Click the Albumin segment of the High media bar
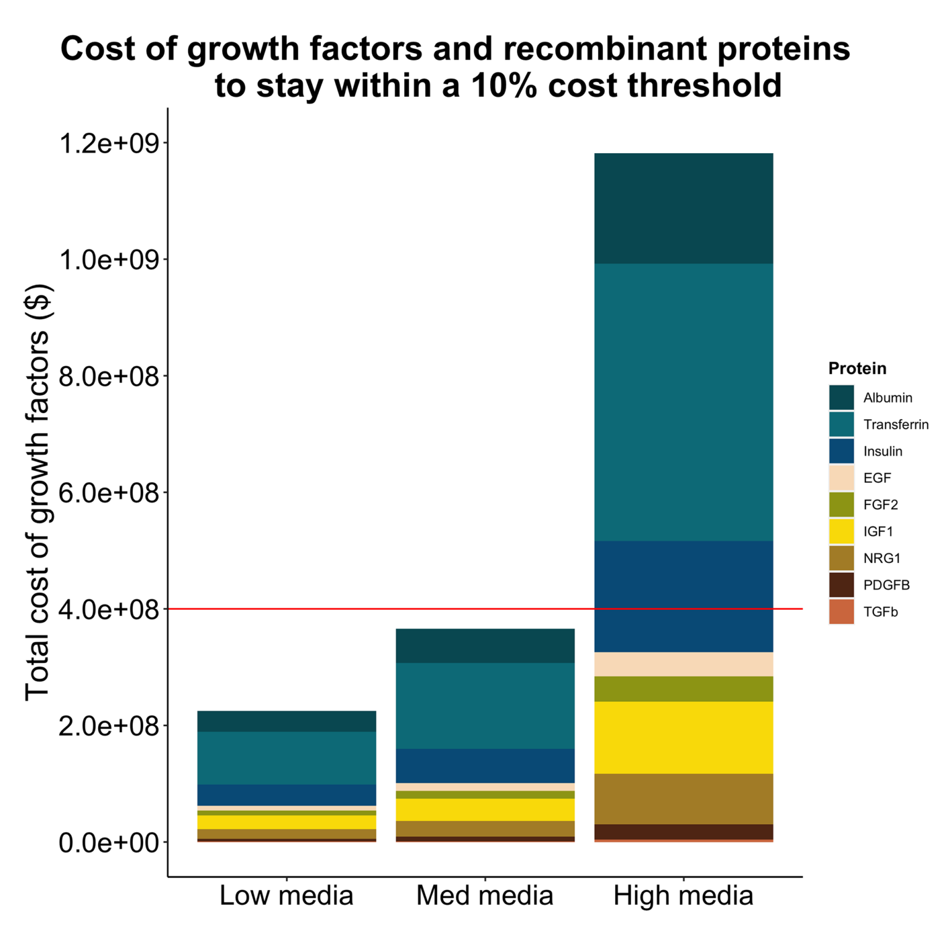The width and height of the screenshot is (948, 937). tap(683, 209)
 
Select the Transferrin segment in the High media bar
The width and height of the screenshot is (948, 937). tap(683, 402)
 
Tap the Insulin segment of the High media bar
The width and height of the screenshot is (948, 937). tap(683, 596)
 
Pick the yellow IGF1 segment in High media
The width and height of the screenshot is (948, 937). tap(683, 737)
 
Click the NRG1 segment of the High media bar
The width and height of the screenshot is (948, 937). tap(683, 799)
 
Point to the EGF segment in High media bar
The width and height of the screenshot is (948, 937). tap(683, 664)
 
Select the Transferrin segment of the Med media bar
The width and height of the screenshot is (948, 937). tap(484, 706)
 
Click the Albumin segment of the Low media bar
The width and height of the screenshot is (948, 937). tap(286, 721)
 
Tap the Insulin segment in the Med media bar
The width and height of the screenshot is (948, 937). tap(484, 765)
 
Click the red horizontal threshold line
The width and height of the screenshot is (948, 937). tap(370, 609)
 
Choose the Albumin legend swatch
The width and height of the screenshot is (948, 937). tap(841, 398)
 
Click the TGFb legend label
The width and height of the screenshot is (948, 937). tap(880, 612)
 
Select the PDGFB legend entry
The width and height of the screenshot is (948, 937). tap(886, 585)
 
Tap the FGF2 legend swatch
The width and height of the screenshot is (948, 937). tap(841, 504)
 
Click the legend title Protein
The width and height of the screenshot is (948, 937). tap(857, 369)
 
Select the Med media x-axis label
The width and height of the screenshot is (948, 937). tap(484, 896)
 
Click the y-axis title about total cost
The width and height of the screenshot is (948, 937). tap(38, 492)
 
